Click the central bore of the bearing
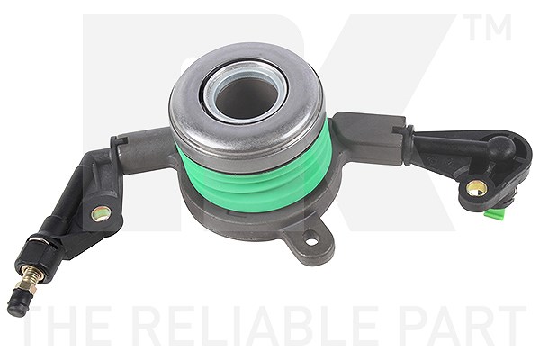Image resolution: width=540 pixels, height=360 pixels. click(247, 94)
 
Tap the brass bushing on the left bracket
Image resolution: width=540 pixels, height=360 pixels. click(101, 213)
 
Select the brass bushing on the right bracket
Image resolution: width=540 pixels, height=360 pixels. click(476, 188)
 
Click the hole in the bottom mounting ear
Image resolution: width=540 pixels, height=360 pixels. click(312, 241)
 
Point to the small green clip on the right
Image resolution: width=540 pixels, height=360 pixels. click(495, 214)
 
